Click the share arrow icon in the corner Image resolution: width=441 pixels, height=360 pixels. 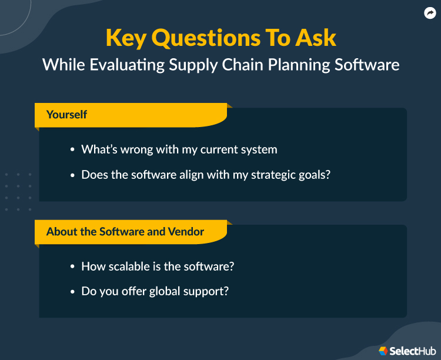point(429,13)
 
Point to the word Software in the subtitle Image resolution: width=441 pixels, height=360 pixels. point(367,64)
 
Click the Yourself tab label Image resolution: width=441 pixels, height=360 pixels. point(66,115)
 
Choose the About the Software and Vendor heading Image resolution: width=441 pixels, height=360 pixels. point(125,232)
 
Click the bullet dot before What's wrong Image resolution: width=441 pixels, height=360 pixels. point(73,150)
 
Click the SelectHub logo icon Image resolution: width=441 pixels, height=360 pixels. point(383,351)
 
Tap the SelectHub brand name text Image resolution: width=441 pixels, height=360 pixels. point(412,351)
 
